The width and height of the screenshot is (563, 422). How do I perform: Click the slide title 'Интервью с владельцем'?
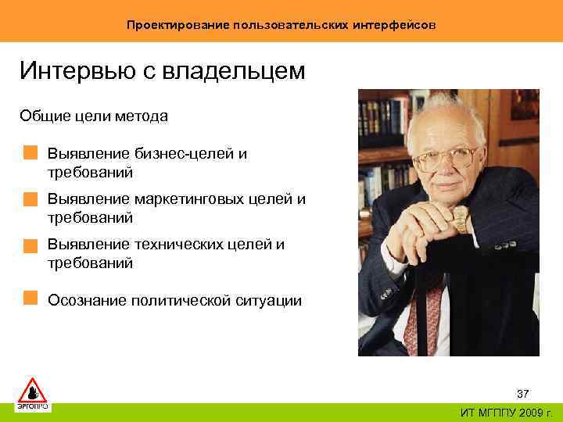coord(163,72)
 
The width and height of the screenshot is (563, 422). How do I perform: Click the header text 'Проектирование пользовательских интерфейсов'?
coord(281,25)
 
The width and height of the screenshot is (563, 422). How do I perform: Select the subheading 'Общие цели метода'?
coord(94,116)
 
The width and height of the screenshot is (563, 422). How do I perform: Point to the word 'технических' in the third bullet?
coord(179,245)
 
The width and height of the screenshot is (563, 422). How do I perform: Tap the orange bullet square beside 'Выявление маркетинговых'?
coord(30,198)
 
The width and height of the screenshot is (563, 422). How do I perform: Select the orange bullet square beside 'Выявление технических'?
coord(30,245)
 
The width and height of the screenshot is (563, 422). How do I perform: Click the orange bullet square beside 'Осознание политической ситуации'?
coord(30,298)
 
